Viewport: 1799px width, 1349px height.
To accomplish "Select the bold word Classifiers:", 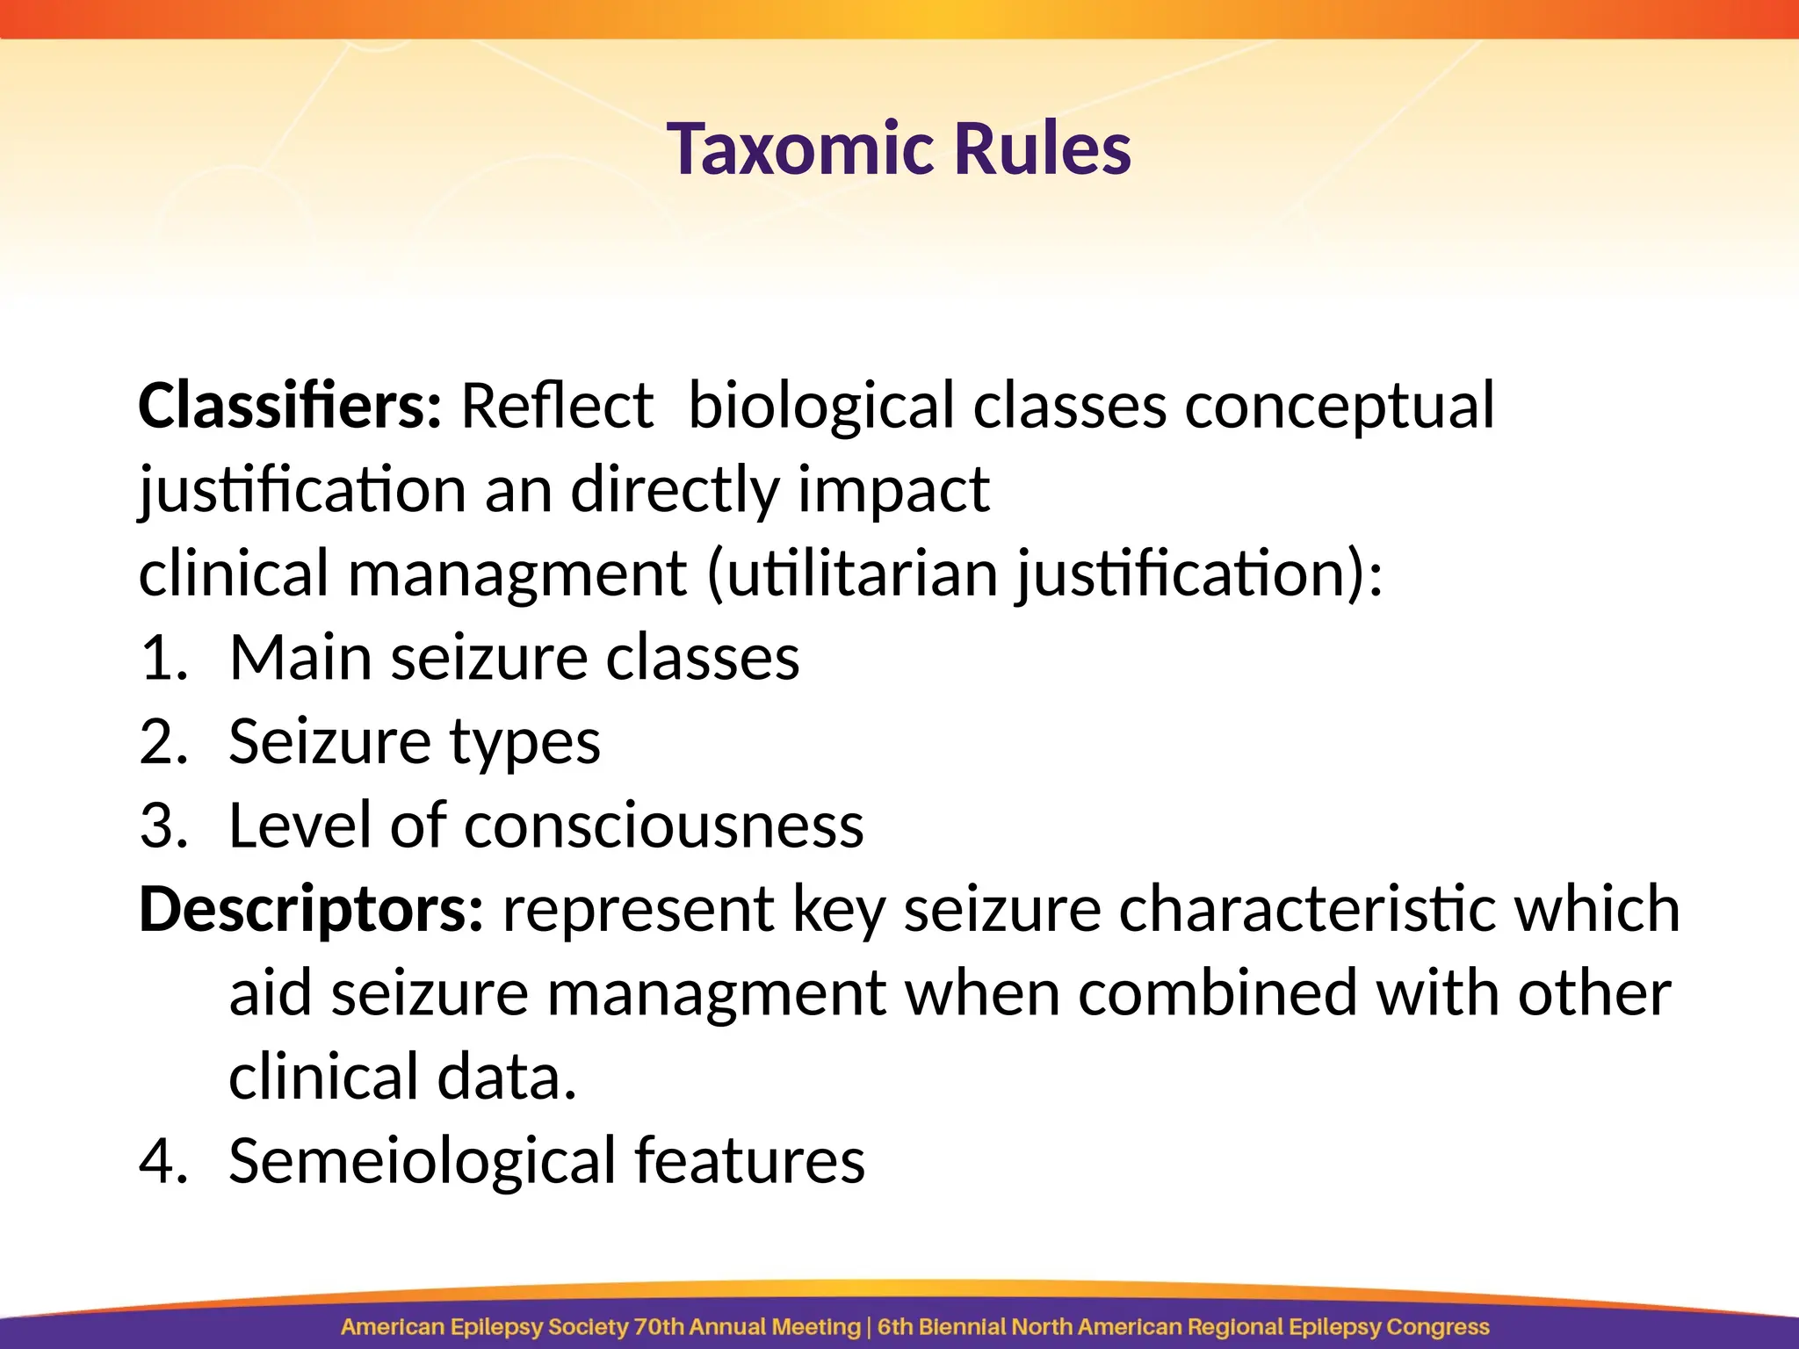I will click(x=290, y=406).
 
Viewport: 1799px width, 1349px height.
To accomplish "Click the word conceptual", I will click(x=1339, y=408).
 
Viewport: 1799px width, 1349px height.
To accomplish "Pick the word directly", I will click(x=675, y=490).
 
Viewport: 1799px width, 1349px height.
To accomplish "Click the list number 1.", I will click(x=163, y=659).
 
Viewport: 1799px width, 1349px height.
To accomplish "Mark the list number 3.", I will click(x=163, y=826).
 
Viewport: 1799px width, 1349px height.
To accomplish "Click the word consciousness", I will click(x=663, y=826).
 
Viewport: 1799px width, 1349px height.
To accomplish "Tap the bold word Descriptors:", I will click(x=311, y=911).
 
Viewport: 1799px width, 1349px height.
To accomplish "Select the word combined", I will click(x=1217, y=993).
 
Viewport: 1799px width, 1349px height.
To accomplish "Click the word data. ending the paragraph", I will click(x=507, y=1078).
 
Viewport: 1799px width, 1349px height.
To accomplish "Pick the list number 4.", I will click(x=163, y=1162).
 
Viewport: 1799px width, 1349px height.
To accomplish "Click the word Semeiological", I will click(x=422, y=1162).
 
